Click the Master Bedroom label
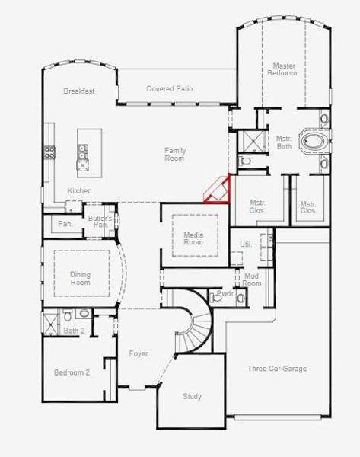pos(283,69)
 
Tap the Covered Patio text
pos(170,89)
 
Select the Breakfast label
pos(79,91)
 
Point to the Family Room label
pos(175,155)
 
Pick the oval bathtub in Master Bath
pos(313,141)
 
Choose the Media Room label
pos(193,238)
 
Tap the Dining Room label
pos(80,279)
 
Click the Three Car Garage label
pos(277,369)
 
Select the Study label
pos(192,396)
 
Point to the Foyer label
pos(138,354)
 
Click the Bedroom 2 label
pos(72,372)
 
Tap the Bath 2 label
pos(73,331)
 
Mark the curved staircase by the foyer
pos(194,324)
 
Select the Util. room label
pos(246,244)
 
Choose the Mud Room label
pos(251,280)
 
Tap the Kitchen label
pos(80,190)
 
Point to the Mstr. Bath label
pos(284,142)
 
